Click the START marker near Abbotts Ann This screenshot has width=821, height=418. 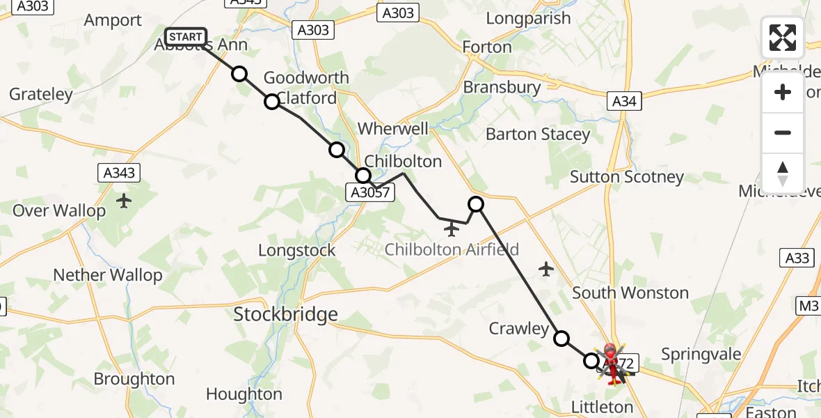186,37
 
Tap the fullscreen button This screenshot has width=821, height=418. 783,38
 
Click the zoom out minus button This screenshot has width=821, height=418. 783,132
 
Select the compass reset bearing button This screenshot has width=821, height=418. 783,173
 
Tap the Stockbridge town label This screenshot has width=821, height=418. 285,314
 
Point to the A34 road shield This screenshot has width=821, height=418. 623,101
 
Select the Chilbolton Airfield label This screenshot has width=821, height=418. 452,249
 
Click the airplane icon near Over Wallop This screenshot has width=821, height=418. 124,201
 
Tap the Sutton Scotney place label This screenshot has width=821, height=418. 627,177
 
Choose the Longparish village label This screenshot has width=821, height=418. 528,19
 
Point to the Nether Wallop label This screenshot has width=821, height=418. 108,275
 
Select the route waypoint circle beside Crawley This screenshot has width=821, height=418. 561,339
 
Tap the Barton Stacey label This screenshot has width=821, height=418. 538,134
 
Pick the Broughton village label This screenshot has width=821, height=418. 134,379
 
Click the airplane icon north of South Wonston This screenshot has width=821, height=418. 546,268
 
